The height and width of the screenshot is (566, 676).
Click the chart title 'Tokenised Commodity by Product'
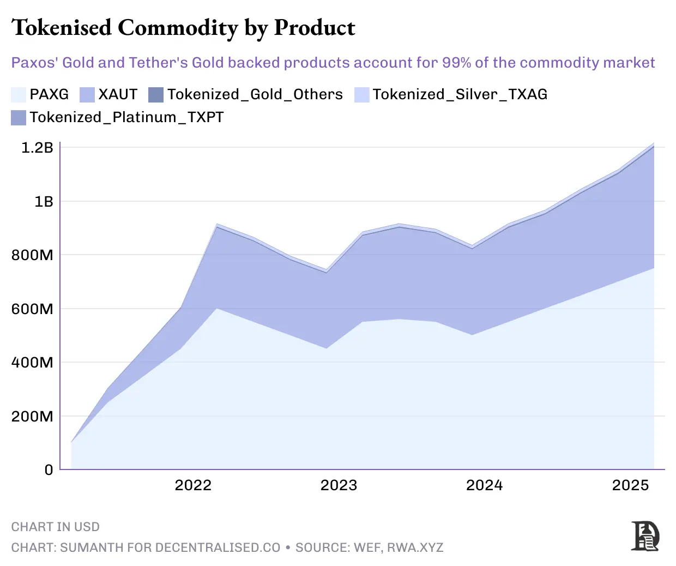[x=183, y=28]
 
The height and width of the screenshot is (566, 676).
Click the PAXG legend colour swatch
[x=19, y=95]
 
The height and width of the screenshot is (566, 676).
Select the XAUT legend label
[x=118, y=95]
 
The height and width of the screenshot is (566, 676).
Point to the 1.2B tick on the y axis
[x=37, y=148]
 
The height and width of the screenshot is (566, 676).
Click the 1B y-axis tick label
[x=44, y=202]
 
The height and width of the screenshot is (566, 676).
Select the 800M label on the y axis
[x=32, y=255]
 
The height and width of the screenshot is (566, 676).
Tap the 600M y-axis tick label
[x=32, y=309]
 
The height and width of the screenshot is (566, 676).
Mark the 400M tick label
[x=32, y=363]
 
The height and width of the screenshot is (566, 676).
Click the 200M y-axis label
[x=32, y=417]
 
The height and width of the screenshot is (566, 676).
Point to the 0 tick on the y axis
[x=49, y=470]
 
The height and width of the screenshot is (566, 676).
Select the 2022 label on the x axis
[x=193, y=485]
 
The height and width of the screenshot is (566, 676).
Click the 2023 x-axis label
[x=339, y=485]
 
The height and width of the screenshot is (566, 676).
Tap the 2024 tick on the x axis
[x=484, y=485]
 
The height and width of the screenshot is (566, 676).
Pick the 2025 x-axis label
[x=630, y=485]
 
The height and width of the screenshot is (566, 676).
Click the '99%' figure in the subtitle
[x=456, y=63]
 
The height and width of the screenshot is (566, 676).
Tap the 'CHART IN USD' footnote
[x=56, y=527]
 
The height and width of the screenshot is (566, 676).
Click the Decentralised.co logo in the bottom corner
[x=645, y=536]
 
